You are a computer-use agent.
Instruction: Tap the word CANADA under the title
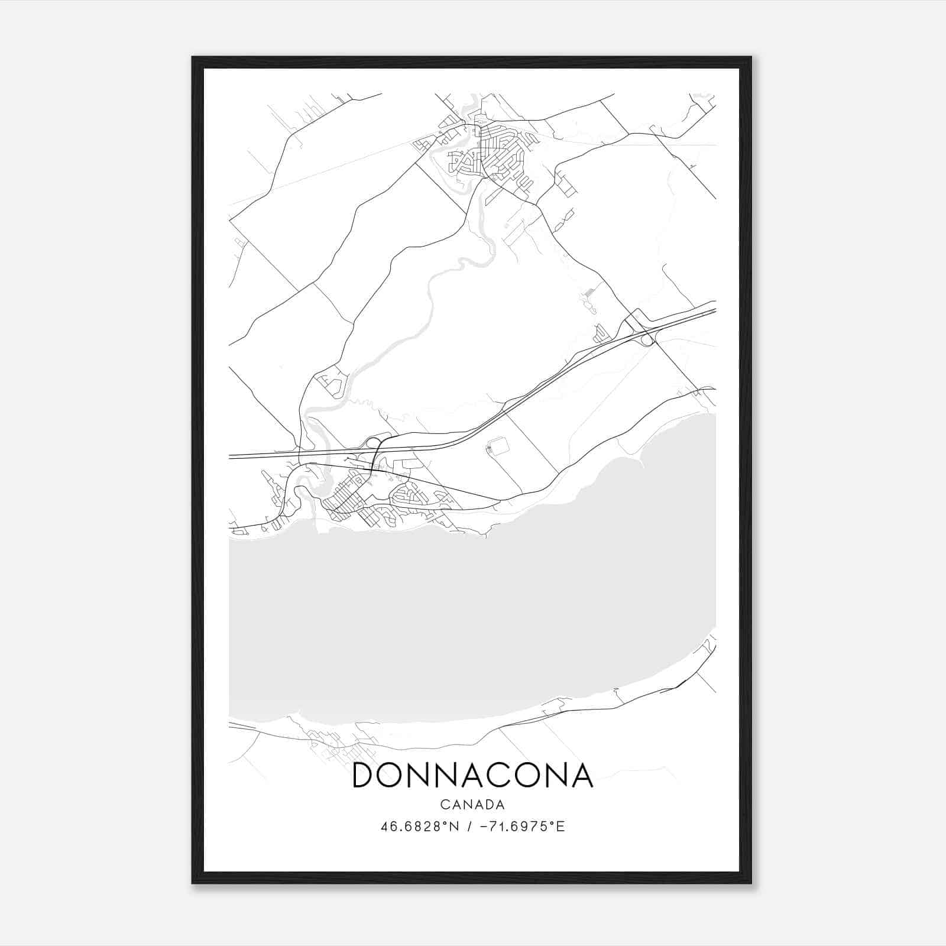472,805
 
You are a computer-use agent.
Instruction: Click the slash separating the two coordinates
469,827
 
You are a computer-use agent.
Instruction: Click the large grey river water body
473,621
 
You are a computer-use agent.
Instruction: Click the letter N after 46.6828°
456,827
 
